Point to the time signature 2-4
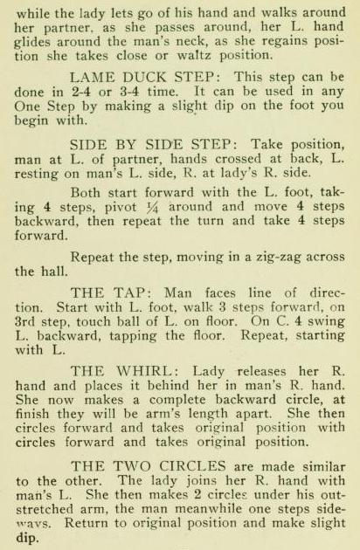click(82, 92)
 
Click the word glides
click(32, 42)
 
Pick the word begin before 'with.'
click(31, 121)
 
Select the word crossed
click(238, 159)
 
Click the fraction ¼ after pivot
click(152, 207)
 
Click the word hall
click(53, 272)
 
